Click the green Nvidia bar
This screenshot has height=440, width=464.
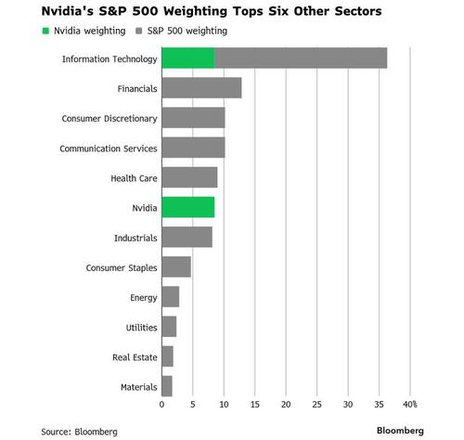[x=187, y=207]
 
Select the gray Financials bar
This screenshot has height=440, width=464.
[x=201, y=88]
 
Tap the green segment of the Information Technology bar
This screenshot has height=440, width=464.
[x=187, y=58]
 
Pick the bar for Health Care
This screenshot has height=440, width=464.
[x=189, y=177]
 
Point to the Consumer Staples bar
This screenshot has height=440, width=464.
[x=176, y=267]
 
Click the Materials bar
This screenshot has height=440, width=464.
[x=167, y=386]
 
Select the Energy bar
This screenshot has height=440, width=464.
[x=170, y=297]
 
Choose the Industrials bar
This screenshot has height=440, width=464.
[x=187, y=238]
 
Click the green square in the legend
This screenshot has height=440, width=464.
[x=46, y=31]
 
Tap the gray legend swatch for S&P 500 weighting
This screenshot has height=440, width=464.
[x=137, y=31]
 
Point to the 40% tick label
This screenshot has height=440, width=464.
[x=409, y=405]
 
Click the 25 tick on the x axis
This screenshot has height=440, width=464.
[x=316, y=405]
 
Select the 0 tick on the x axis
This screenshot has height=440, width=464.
[x=161, y=405]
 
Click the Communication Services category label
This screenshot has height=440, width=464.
[x=109, y=149]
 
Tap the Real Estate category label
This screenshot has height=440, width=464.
[x=133, y=356]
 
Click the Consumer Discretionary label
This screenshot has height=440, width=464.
[x=110, y=119]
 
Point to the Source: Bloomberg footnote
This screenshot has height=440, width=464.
[x=79, y=431]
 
